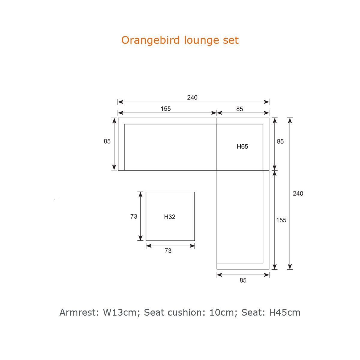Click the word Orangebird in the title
click(x=150, y=40)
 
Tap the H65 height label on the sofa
click(x=242, y=146)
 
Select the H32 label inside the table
click(x=169, y=217)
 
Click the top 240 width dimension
click(x=192, y=97)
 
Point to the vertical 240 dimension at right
click(x=298, y=193)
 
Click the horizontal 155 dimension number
click(x=166, y=109)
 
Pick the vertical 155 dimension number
click(x=281, y=220)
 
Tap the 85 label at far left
click(x=107, y=141)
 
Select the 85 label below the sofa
click(x=243, y=280)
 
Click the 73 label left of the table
click(x=134, y=216)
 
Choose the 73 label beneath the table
click(x=168, y=250)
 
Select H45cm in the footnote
click(x=284, y=312)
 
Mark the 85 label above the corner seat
click(x=239, y=109)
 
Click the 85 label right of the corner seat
click(x=280, y=141)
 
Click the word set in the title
click(x=231, y=40)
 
